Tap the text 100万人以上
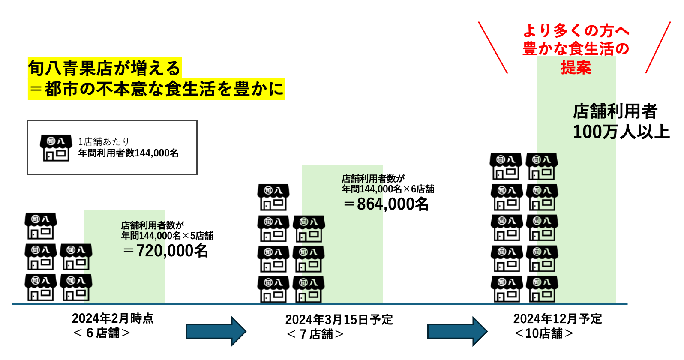pyautogui.click(x=621, y=132)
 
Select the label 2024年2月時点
pyautogui.click(x=113, y=318)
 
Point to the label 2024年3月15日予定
pyautogui.click(x=339, y=320)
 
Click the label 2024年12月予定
pyautogui.click(x=558, y=319)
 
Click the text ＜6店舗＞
pyautogui.click(x=102, y=333)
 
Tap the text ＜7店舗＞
pyautogui.click(x=315, y=334)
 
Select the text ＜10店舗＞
pyautogui.click(x=544, y=333)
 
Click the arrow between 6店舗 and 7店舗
pyautogui.click(x=216, y=331)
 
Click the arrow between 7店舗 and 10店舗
pyautogui.click(x=457, y=331)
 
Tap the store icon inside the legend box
pyautogui.click(x=56, y=148)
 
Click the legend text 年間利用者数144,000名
pyautogui.click(x=128, y=153)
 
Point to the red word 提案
pyautogui.click(x=576, y=68)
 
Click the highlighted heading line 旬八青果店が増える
pyautogui.click(x=105, y=68)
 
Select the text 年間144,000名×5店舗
pyautogui.click(x=167, y=236)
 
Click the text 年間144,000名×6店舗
pyautogui.click(x=388, y=189)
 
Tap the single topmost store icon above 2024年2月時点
pyautogui.click(x=41, y=226)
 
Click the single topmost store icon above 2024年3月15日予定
pyautogui.click(x=273, y=197)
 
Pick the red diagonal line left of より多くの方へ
pyautogui.click(x=493, y=48)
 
